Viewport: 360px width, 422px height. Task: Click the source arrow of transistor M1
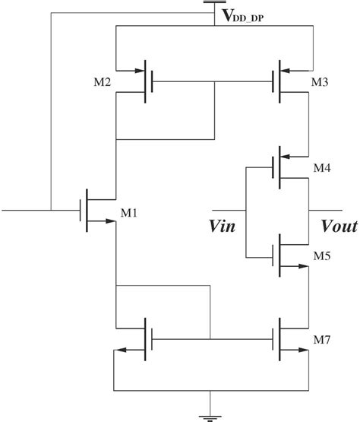point(99,222)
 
